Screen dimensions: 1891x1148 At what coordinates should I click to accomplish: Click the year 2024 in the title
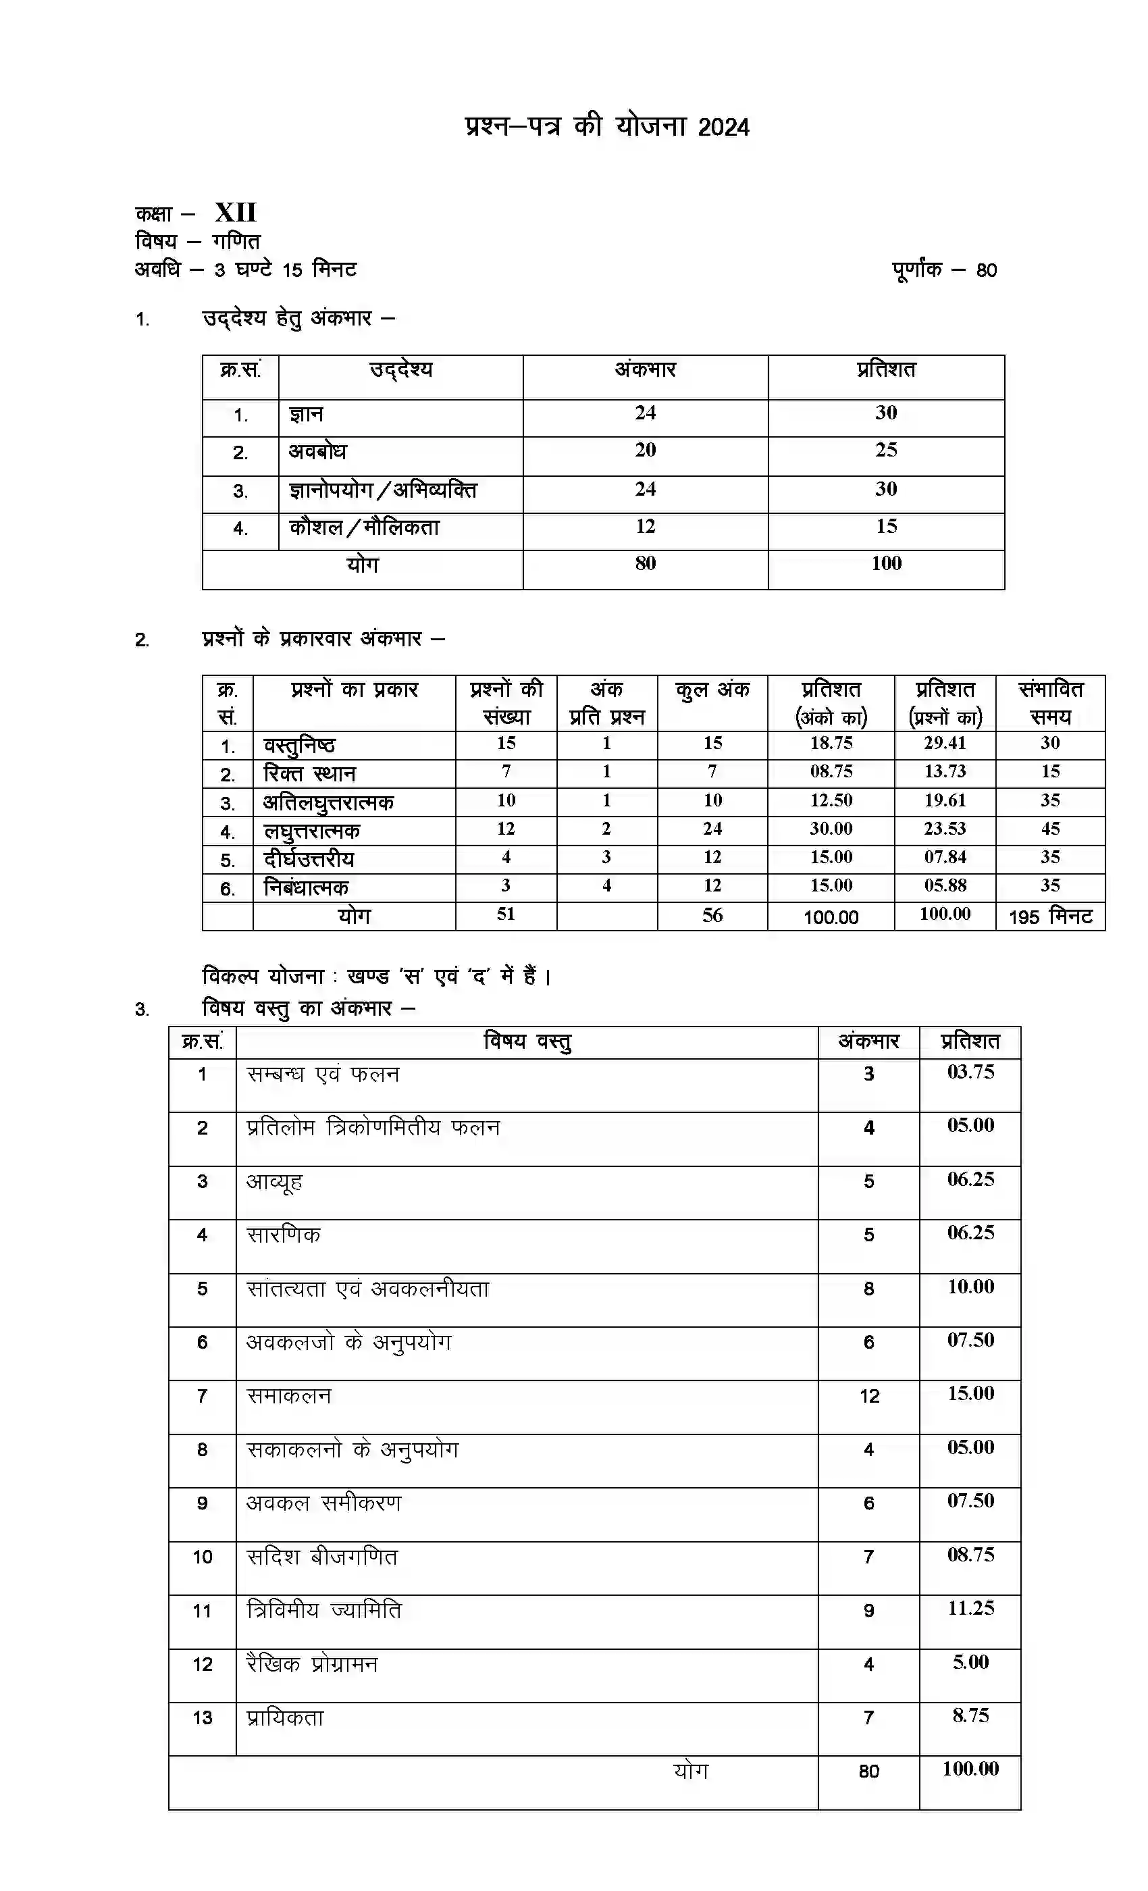723,128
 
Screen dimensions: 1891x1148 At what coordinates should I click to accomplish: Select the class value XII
235,213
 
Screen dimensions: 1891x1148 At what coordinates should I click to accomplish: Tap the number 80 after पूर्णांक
986,271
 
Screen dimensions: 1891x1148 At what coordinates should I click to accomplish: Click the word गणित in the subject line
236,242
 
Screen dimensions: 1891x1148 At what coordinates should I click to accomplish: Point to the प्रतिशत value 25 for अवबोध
885,450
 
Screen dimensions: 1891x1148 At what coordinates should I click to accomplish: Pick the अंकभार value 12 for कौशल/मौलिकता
645,527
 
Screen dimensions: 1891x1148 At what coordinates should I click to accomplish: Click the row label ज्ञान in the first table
305,415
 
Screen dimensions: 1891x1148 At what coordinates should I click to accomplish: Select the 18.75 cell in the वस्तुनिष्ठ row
831,743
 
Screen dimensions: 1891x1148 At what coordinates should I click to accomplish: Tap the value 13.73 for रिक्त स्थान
945,771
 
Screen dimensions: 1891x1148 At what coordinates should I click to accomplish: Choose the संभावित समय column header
1050,702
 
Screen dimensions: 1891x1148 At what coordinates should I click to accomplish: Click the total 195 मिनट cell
1050,916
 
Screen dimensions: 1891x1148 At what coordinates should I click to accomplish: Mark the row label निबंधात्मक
305,888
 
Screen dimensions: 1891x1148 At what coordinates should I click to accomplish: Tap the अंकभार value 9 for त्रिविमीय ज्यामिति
868,1611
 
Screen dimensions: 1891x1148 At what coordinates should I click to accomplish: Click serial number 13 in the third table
202,1717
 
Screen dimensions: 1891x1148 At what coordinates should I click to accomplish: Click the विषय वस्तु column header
527,1041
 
